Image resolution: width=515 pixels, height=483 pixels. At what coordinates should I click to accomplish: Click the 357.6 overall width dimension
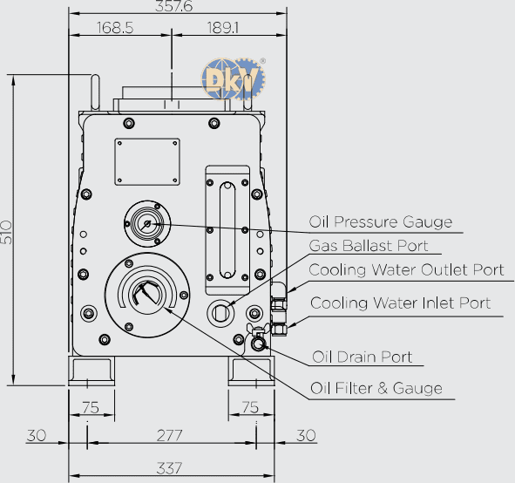coord(173,6)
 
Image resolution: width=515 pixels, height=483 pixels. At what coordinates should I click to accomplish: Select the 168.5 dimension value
coord(115,28)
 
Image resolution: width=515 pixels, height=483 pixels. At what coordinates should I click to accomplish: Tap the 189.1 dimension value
coord(223,28)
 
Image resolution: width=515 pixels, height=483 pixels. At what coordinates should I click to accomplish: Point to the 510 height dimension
coord(6,232)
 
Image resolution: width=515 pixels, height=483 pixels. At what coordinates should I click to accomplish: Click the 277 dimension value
coord(169,436)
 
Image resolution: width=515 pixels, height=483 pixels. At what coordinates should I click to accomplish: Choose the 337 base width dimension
coord(169,468)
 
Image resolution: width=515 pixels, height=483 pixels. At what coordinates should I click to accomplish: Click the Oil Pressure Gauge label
coord(381,222)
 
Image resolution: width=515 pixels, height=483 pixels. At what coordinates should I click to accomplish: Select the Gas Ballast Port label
coord(369,246)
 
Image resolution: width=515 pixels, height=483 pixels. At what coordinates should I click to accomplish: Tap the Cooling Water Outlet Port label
coord(406,270)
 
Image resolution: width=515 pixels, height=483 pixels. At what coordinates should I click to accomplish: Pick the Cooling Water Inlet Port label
coord(400,303)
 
